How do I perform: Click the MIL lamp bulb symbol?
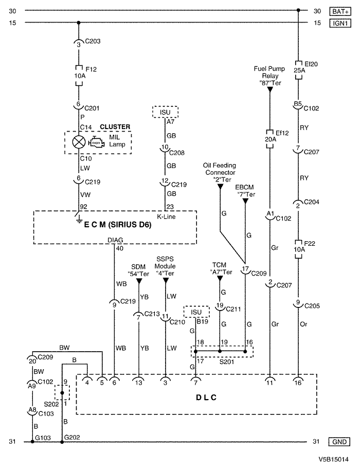(x=79, y=142)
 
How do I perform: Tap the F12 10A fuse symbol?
(x=79, y=76)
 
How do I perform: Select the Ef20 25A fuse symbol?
(x=298, y=70)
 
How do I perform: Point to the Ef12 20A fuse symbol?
(x=270, y=139)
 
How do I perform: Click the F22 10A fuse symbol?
(x=298, y=249)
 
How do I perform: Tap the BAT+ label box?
(x=340, y=11)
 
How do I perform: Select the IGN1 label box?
(x=340, y=23)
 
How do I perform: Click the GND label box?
(x=339, y=442)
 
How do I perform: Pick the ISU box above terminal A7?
(x=165, y=112)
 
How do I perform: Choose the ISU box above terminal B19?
(x=196, y=312)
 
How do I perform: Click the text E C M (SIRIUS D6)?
(x=117, y=225)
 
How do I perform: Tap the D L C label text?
(x=206, y=397)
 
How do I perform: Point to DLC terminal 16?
(x=298, y=381)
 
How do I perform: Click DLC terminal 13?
(x=138, y=381)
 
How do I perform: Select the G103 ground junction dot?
(x=32, y=442)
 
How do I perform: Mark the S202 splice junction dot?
(x=62, y=393)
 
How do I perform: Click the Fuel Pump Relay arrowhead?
(x=270, y=89)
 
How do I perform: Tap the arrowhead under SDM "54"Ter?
(x=139, y=281)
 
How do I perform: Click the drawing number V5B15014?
(x=333, y=459)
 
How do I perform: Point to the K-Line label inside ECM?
(x=166, y=216)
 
